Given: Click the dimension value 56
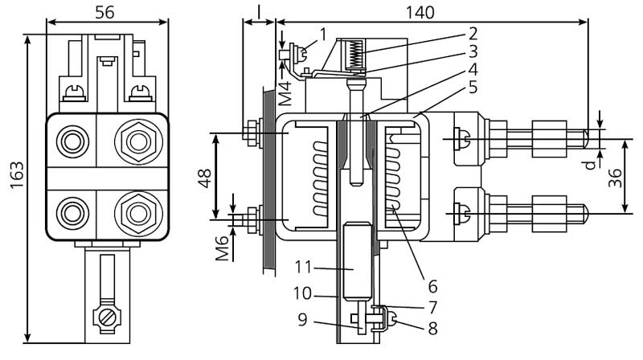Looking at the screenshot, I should [x=106, y=11].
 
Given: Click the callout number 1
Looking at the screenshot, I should [x=321, y=33].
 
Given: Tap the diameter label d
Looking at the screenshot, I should [x=591, y=164].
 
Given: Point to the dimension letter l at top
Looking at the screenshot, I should [x=260, y=11].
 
